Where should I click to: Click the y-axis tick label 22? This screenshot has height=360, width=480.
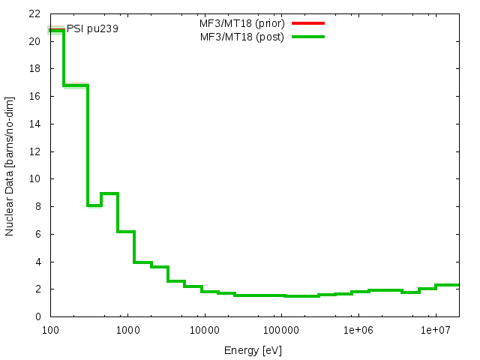35,13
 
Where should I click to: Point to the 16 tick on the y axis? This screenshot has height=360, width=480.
35,96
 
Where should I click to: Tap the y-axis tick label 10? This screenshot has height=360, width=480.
35,179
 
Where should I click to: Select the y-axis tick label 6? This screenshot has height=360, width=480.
37,234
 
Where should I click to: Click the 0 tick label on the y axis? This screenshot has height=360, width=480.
37,316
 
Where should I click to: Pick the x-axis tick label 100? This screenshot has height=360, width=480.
50,329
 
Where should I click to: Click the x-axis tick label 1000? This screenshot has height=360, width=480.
127,329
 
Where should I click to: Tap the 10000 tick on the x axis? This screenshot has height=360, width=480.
204,329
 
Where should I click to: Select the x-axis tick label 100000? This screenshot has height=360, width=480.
281,329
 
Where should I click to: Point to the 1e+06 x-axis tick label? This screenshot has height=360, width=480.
358,329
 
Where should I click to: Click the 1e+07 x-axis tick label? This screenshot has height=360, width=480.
435,329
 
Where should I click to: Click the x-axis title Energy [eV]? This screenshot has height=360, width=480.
253,350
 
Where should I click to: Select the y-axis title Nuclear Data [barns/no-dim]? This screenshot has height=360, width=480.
10,165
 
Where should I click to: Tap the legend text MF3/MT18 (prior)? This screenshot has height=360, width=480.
241,22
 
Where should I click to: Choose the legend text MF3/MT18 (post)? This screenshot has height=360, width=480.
241,36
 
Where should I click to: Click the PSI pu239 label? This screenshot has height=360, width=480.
92,29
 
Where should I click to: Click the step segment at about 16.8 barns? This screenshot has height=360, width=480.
76,85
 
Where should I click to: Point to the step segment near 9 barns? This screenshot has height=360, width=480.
109,193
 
